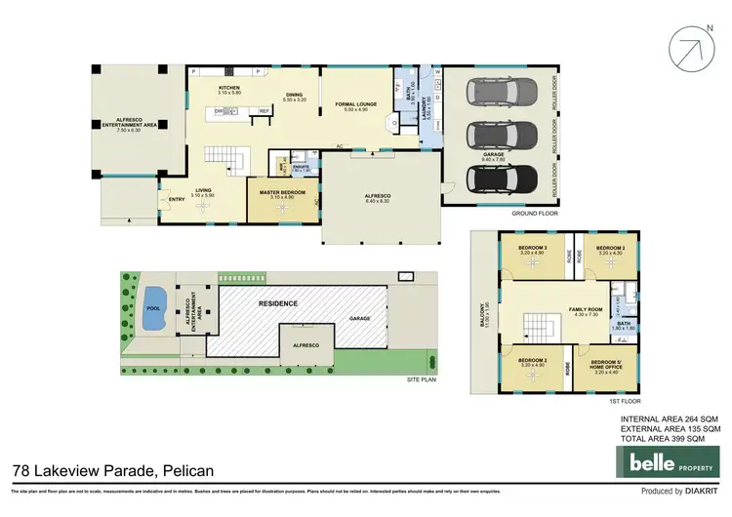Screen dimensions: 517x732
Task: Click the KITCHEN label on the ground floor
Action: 230,88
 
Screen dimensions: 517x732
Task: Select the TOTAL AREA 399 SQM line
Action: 671,438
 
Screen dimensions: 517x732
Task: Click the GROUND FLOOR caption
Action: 536,212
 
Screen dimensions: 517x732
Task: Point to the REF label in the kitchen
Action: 264,111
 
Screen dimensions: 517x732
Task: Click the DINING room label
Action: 294,96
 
